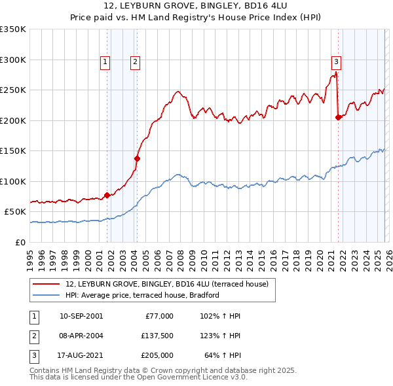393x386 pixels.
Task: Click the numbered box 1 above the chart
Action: point(105,62)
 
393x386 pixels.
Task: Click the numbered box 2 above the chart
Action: point(135,62)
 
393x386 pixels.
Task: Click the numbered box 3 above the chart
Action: point(336,62)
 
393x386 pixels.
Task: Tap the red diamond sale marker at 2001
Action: point(107,194)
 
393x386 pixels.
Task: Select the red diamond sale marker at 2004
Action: point(138,158)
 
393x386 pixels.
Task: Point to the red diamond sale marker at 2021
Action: point(338,117)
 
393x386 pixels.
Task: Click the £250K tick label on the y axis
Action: point(13,90)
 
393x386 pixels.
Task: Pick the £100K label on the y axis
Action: point(13,181)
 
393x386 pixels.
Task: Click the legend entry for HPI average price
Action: point(142,295)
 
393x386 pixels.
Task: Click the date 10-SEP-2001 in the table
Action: point(81,316)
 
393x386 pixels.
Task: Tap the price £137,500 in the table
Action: point(156,336)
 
